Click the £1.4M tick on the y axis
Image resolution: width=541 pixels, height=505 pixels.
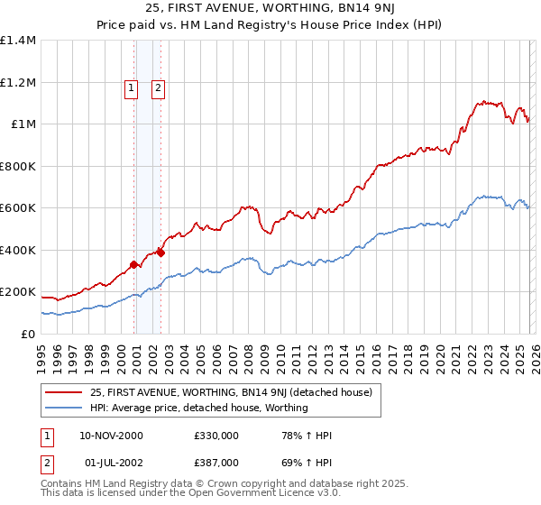click(x=18, y=41)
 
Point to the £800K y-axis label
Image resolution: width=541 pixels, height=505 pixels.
click(x=18, y=166)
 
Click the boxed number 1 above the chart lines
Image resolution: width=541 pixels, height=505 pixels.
click(x=132, y=87)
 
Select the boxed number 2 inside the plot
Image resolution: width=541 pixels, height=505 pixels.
click(x=158, y=87)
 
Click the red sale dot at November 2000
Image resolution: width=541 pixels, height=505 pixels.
click(x=134, y=264)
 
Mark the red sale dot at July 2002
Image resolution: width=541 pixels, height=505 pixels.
click(x=160, y=252)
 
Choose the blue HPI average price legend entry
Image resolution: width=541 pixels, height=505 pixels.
click(x=198, y=408)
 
